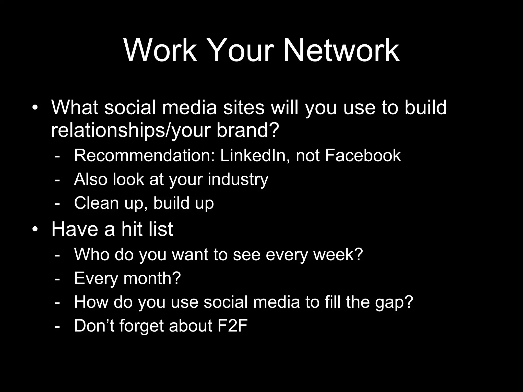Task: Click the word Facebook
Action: pyautogui.click(x=363, y=155)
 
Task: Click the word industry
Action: pyautogui.click(x=238, y=180)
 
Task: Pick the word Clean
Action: pyautogui.click(x=97, y=203)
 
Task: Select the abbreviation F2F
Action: pyautogui.click(x=232, y=326)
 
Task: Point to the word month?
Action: pyautogui.click(x=152, y=278)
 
